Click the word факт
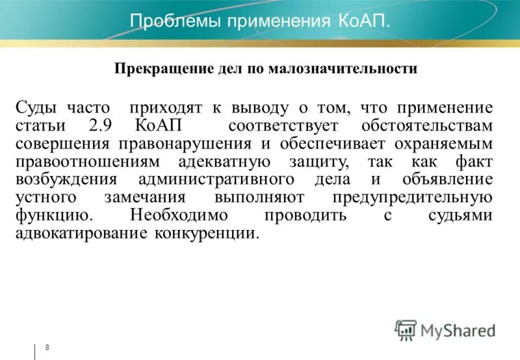474,161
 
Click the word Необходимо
178,215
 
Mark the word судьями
464,215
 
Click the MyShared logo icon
406,330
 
